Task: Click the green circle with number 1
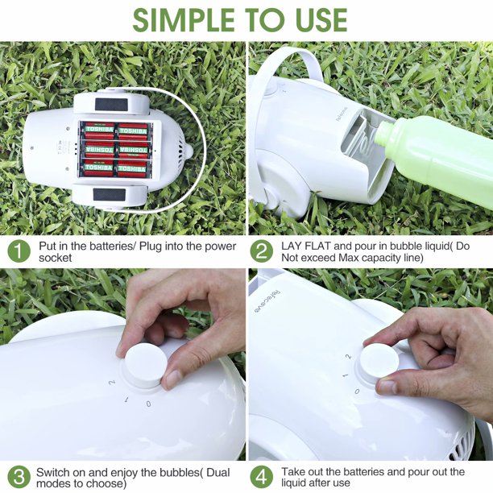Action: pos(19,251)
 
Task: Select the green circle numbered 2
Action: pos(262,251)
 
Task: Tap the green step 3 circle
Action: pos(19,477)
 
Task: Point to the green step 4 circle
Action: pos(262,477)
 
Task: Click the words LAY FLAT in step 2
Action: pos(306,246)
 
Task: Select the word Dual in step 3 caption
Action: pos(218,472)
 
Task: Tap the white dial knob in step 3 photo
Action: pos(146,365)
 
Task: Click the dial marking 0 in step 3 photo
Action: pos(149,404)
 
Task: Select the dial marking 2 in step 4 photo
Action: pos(348,357)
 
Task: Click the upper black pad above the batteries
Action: pos(111,105)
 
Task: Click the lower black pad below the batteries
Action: pos(110,195)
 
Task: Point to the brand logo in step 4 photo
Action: pos(267,301)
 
